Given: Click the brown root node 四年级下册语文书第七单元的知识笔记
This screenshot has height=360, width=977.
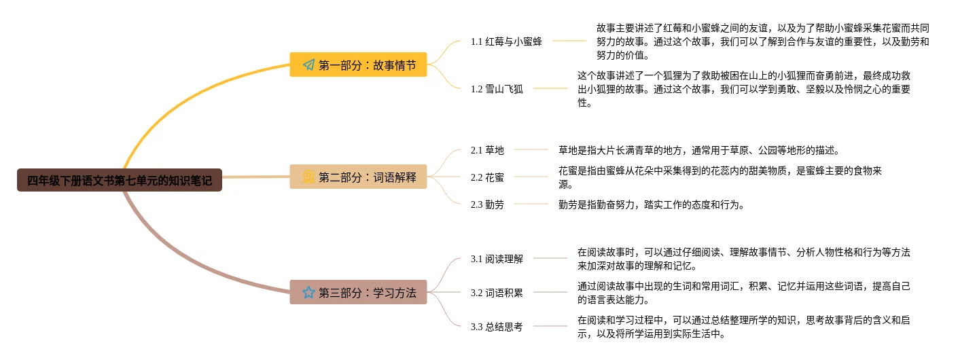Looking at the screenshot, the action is [x=120, y=181].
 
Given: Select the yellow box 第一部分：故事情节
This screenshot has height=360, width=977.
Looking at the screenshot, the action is [x=358, y=65].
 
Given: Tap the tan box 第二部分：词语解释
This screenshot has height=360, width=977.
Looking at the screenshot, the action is [x=358, y=177].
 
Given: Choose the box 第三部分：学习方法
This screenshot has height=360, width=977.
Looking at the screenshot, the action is [x=358, y=292].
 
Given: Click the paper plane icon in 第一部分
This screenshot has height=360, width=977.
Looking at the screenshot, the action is [x=308, y=65].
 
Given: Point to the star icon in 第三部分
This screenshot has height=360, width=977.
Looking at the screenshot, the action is [x=308, y=292].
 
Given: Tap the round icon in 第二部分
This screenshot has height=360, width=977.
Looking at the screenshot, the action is [x=308, y=177].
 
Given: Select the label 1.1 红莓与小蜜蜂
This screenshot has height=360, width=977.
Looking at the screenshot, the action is [x=506, y=41].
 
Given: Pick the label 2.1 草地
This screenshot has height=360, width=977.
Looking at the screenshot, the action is [x=487, y=149].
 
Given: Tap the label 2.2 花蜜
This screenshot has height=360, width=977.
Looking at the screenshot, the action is [x=487, y=177].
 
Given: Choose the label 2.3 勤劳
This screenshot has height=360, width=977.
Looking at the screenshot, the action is [x=487, y=204].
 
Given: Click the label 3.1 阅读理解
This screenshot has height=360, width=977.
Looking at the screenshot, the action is [x=497, y=258].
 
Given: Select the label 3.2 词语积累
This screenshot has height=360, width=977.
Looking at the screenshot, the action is [x=497, y=293].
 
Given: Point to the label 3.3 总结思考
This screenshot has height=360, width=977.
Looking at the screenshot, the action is [x=497, y=327].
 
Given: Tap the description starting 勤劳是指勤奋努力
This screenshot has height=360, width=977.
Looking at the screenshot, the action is [x=651, y=204].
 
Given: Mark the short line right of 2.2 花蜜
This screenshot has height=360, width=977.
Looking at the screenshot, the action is [x=531, y=177].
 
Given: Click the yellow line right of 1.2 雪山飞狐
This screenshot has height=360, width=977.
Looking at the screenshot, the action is [x=550, y=88].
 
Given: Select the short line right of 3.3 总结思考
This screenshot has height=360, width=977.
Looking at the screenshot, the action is [x=550, y=327].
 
